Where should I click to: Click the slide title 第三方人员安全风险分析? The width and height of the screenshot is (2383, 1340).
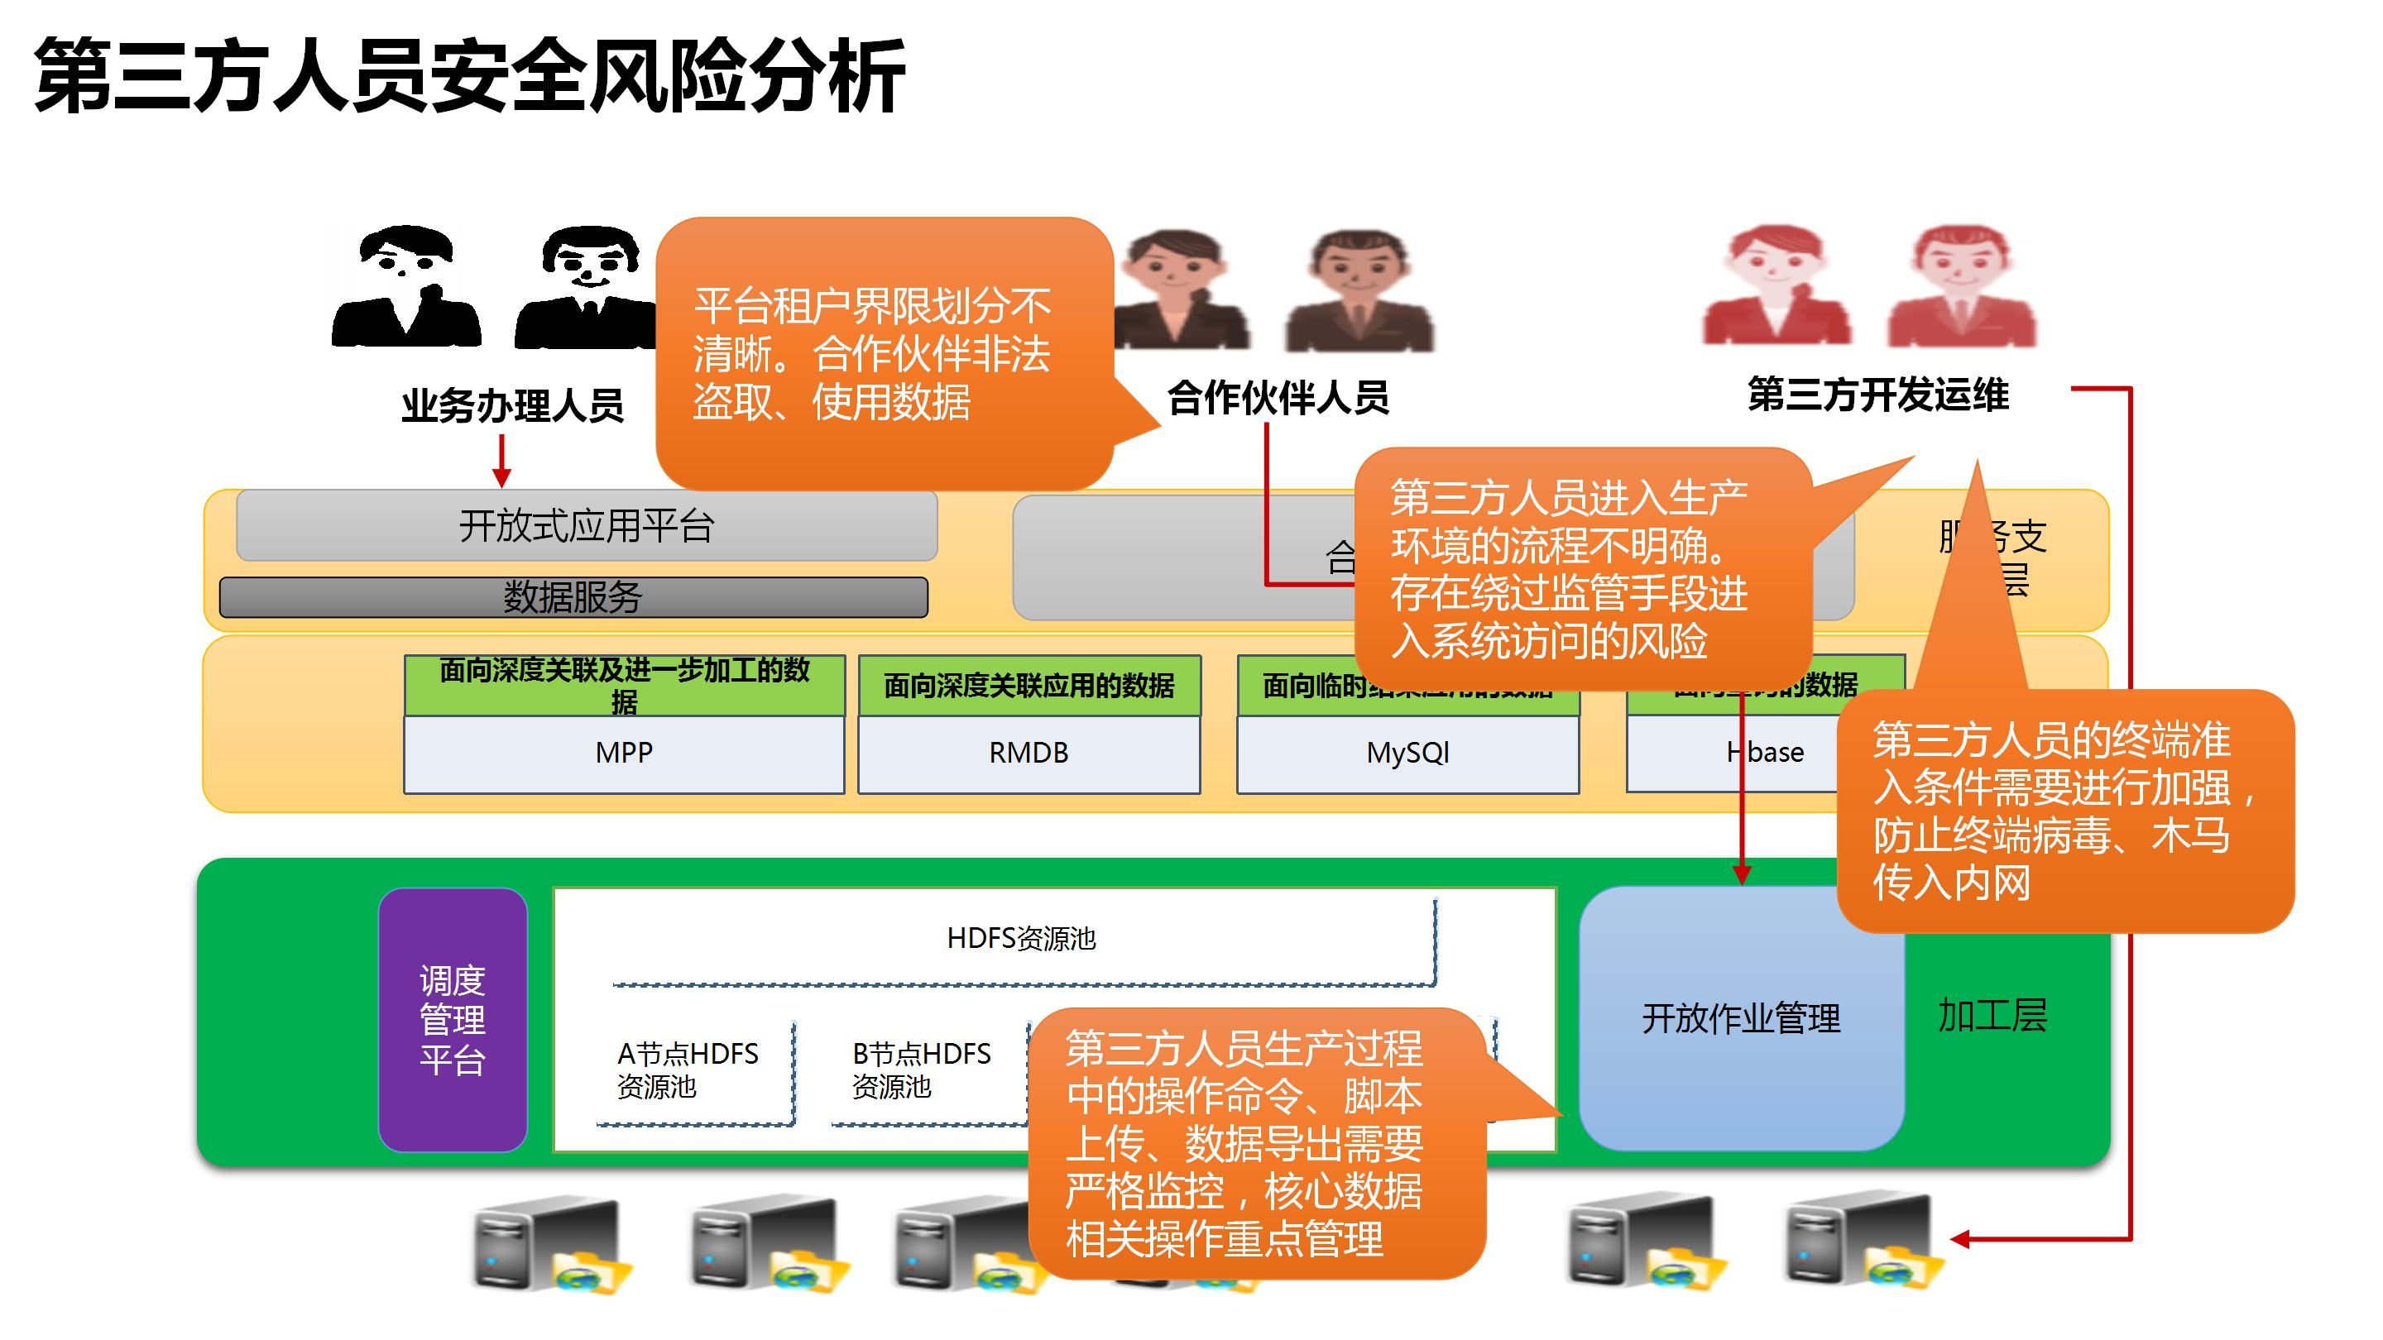[x=469, y=78]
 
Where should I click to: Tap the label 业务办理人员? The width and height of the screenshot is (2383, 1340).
[x=511, y=406]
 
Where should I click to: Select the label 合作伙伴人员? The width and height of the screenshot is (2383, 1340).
[x=1278, y=398]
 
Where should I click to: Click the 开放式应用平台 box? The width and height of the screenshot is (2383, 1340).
[x=587, y=525]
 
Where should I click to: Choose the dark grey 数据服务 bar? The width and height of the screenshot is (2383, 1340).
[x=573, y=597]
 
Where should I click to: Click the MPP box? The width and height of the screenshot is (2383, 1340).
[x=624, y=753]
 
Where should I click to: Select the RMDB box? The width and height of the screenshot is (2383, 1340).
[x=1028, y=753]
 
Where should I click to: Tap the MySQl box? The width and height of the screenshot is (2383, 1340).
[x=1407, y=753]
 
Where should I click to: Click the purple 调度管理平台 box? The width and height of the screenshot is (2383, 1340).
[x=453, y=1019]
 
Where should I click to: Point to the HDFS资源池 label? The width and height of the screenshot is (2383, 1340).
[x=1021, y=939]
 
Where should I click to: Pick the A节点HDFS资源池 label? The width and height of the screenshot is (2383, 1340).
[x=688, y=1070]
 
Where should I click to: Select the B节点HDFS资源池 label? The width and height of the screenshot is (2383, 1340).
[x=922, y=1070]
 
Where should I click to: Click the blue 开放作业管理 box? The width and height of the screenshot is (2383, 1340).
[x=1740, y=1018]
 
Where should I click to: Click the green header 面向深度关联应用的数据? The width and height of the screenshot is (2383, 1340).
[x=1028, y=685]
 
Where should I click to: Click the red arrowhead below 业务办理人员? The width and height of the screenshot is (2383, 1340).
[x=501, y=477]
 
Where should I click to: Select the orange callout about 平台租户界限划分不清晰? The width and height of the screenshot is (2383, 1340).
[x=884, y=353]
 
